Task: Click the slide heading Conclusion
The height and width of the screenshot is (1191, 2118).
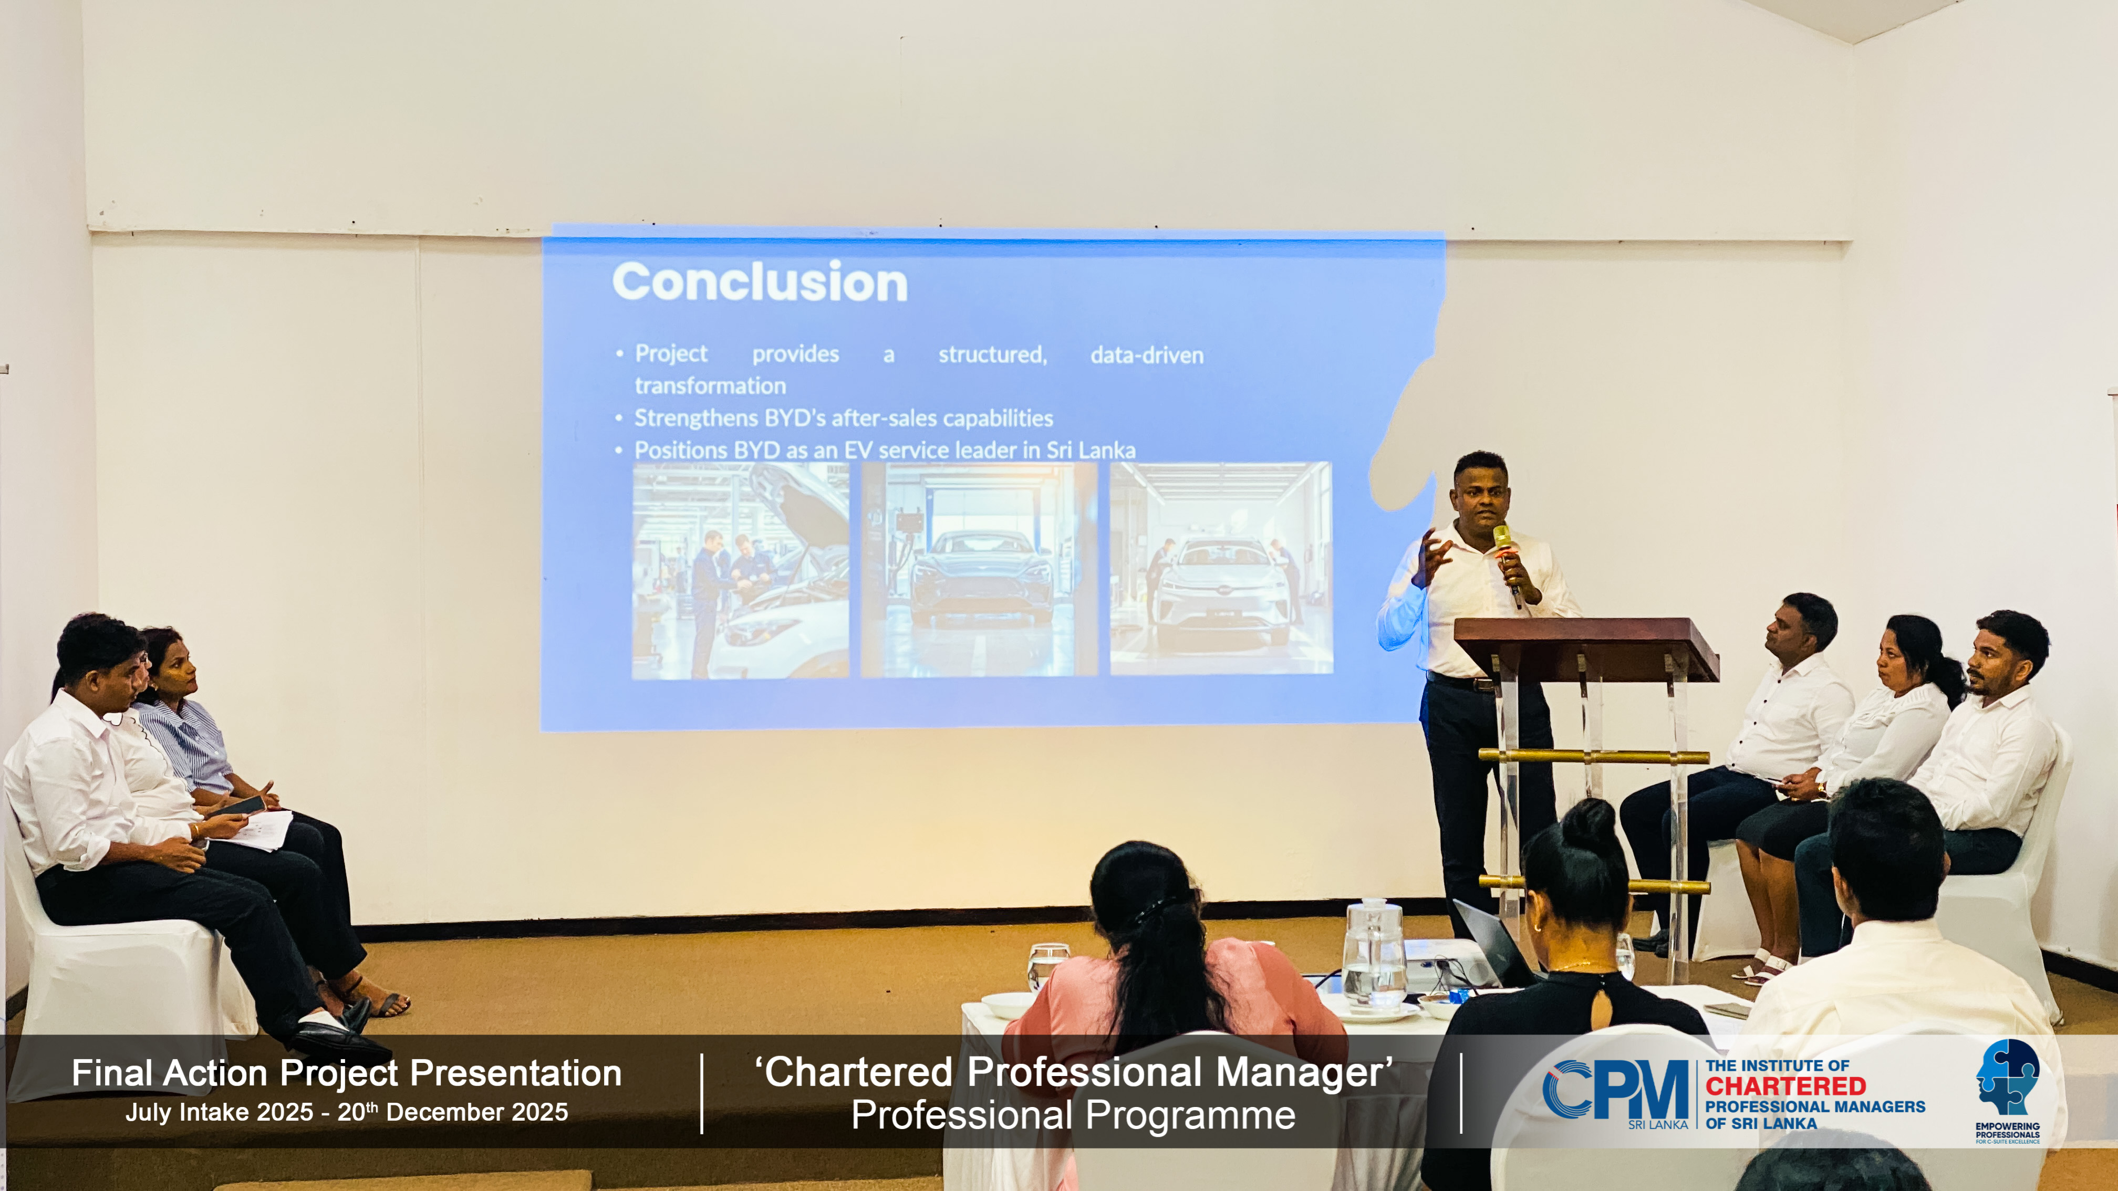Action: (x=760, y=282)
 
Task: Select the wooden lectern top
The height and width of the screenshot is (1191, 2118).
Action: (x=1586, y=649)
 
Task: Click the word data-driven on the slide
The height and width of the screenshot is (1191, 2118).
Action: (x=1147, y=355)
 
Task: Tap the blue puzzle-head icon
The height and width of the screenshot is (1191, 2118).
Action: (x=2007, y=1077)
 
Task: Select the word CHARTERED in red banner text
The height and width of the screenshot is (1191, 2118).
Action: (x=1785, y=1086)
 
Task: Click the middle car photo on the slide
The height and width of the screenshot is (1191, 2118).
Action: (x=979, y=570)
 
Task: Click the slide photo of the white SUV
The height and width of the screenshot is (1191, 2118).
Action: (x=1221, y=568)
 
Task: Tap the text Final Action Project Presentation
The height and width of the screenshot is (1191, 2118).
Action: (x=346, y=1073)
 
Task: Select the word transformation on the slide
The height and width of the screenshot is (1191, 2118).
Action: (x=710, y=385)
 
